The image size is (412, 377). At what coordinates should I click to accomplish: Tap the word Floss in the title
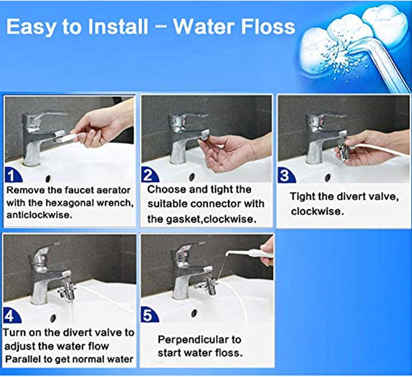coord(268,27)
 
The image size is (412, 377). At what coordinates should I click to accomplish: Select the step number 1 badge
coord(12,176)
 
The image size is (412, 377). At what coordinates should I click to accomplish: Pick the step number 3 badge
coord(285,176)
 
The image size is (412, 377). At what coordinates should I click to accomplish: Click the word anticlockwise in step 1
coord(39,215)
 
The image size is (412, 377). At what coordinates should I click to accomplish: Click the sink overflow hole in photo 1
coord(48,179)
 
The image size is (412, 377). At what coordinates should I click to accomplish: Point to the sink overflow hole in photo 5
coord(194,312)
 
